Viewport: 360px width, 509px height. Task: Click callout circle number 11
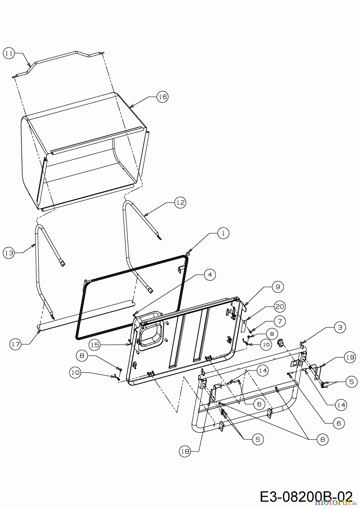(9, 53)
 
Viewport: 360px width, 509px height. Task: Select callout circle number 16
(162, 97)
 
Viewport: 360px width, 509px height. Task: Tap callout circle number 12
(180, 202)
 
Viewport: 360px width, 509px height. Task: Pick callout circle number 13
(9, 253)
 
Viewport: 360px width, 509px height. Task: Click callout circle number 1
(223, 233)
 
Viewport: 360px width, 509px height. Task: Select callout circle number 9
(278, 287)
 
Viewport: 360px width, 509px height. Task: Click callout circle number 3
(340, 327)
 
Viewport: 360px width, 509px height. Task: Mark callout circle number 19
(350, 357)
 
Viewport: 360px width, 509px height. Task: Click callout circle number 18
(185, 452)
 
